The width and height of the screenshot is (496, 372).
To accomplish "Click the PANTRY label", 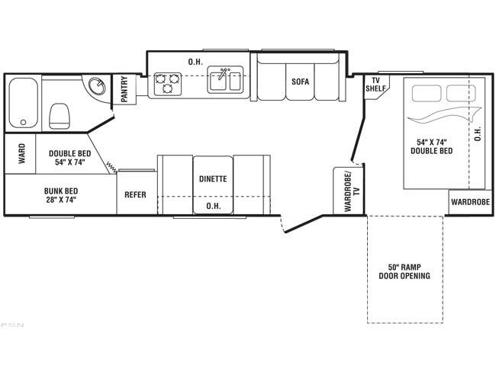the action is (124, 89).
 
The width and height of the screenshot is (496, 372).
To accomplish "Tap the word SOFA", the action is (300, 82).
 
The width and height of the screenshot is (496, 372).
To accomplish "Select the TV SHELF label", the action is (375, 85).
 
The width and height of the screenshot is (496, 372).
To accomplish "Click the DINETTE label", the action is (213, 179).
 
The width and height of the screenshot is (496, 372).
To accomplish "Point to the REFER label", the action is (135, 194).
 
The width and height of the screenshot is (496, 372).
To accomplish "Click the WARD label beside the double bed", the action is (21, 154).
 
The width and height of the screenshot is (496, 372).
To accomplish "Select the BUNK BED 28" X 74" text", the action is (61, 195).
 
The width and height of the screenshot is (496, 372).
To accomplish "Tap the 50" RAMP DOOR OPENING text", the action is (404, 271).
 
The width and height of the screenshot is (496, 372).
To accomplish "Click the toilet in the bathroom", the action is (60, 116).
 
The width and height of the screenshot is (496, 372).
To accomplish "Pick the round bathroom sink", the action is (96, 86).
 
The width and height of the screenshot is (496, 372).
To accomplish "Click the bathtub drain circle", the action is (23, 122).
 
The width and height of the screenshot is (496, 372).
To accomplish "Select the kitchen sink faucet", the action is (224, 73).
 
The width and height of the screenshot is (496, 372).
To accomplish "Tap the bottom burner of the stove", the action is (167, 88).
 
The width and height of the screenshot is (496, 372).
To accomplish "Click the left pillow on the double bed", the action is (427, 93).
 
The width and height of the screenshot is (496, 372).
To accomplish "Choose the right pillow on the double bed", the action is (461, 93).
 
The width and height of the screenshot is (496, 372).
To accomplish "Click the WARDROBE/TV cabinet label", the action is (352, 191).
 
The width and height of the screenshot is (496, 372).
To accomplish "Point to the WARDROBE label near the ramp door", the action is (470, 202).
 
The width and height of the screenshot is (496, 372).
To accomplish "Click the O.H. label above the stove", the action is (195, 62).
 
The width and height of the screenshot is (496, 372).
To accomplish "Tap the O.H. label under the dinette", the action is (214, 206).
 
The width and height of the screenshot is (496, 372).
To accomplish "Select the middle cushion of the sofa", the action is (300, 82).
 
